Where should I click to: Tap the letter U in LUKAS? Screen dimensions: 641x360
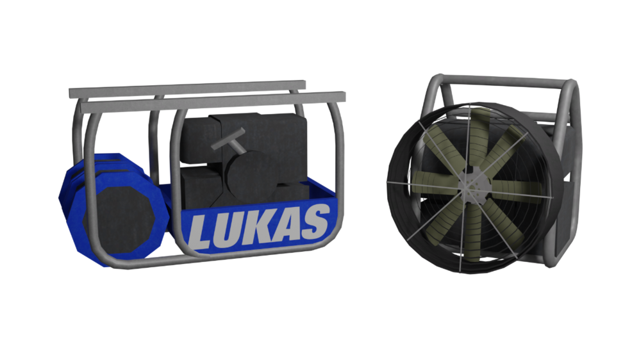(x=226, y=229)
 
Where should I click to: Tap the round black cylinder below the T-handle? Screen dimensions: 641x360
(x=247, y=176)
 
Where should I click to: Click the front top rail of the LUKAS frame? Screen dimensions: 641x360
(x=213, y=102)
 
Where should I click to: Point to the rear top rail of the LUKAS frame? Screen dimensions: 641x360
(x=187, y=89)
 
